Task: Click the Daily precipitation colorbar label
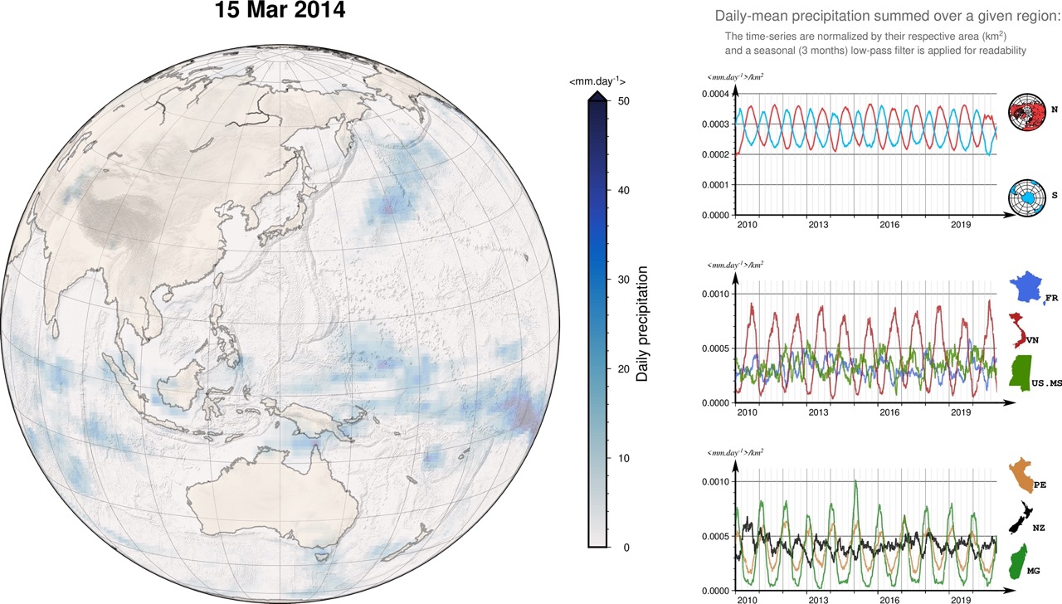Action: pos(641,324)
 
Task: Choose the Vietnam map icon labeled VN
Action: pos(1018,330)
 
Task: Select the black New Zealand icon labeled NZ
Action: pos(1020,521)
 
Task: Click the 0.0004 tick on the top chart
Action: pos(715,94)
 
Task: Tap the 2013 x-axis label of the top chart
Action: pos(818,225)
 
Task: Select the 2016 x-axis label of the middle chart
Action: pos(889,412)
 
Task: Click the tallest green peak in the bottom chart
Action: pos(855,481)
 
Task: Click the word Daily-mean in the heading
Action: pos(750,17)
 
